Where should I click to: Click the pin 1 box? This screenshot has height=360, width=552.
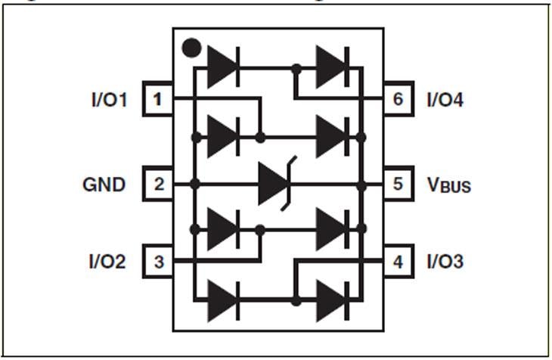click(158, 99)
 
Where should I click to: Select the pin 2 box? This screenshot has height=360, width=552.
click(158, 184)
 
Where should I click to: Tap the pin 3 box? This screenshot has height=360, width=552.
click(158, 262)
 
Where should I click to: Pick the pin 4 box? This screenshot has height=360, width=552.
click(398, 262)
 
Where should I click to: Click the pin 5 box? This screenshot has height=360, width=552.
click(398, 184)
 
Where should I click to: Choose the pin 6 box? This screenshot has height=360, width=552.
click(398, 99)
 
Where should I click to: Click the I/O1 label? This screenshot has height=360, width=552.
click(109, 99)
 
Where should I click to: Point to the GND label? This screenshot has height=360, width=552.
click(104, 184)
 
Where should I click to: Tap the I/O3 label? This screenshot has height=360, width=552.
click(445, 262)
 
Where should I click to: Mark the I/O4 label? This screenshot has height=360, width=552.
click(445, 99)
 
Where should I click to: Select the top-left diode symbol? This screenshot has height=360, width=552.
click(223, 67)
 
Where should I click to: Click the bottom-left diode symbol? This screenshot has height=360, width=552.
click(223, 300)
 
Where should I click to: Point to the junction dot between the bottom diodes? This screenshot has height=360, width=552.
click(296, 300)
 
